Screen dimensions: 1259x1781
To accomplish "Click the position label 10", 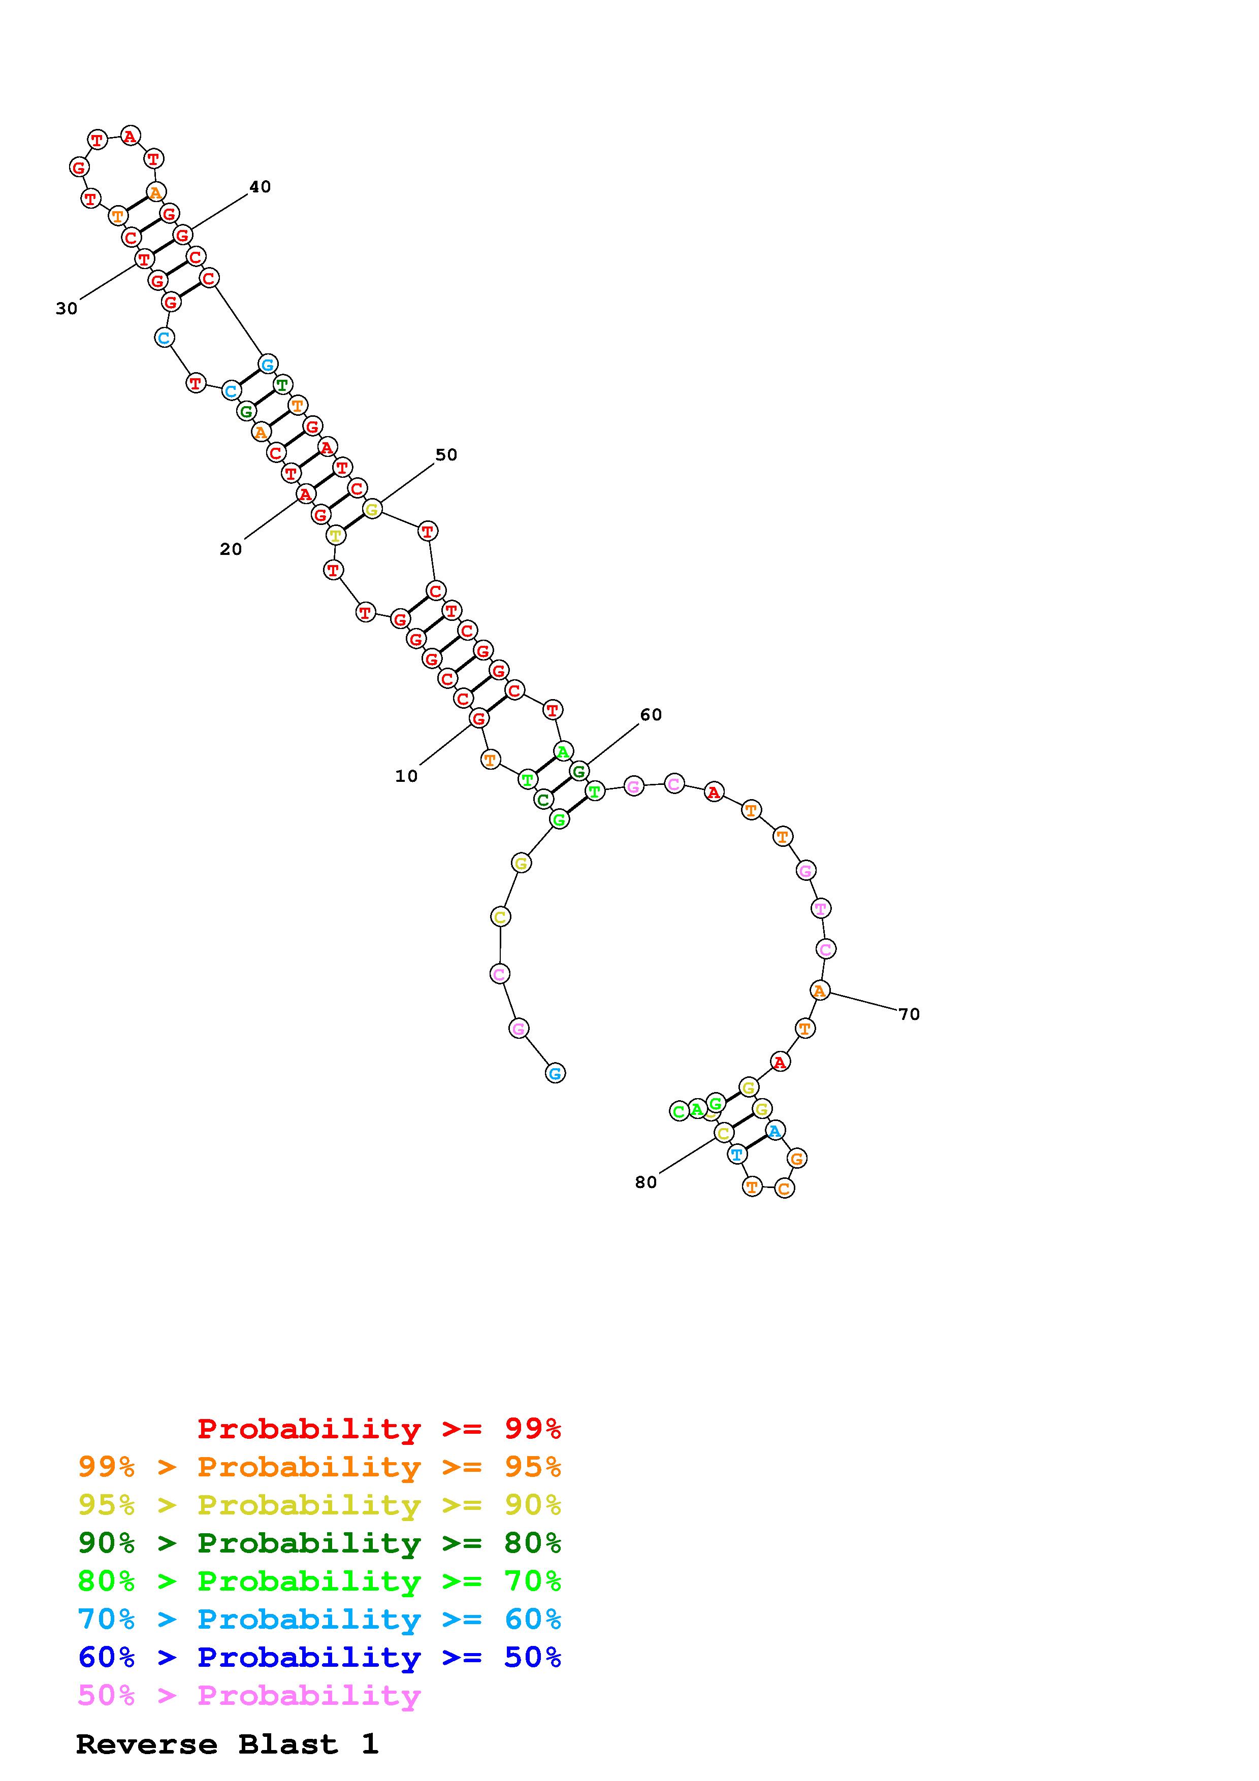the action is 406,776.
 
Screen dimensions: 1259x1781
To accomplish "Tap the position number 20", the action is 231,549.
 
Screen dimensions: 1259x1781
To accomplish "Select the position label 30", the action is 67,309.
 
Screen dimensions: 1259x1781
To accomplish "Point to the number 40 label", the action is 260,187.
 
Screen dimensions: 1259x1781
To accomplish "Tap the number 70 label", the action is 909,1014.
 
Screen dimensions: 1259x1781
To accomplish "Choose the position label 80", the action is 646,1182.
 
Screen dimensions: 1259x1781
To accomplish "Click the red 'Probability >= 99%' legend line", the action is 379,1429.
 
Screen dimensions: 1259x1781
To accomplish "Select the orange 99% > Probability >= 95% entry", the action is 319,1467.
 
